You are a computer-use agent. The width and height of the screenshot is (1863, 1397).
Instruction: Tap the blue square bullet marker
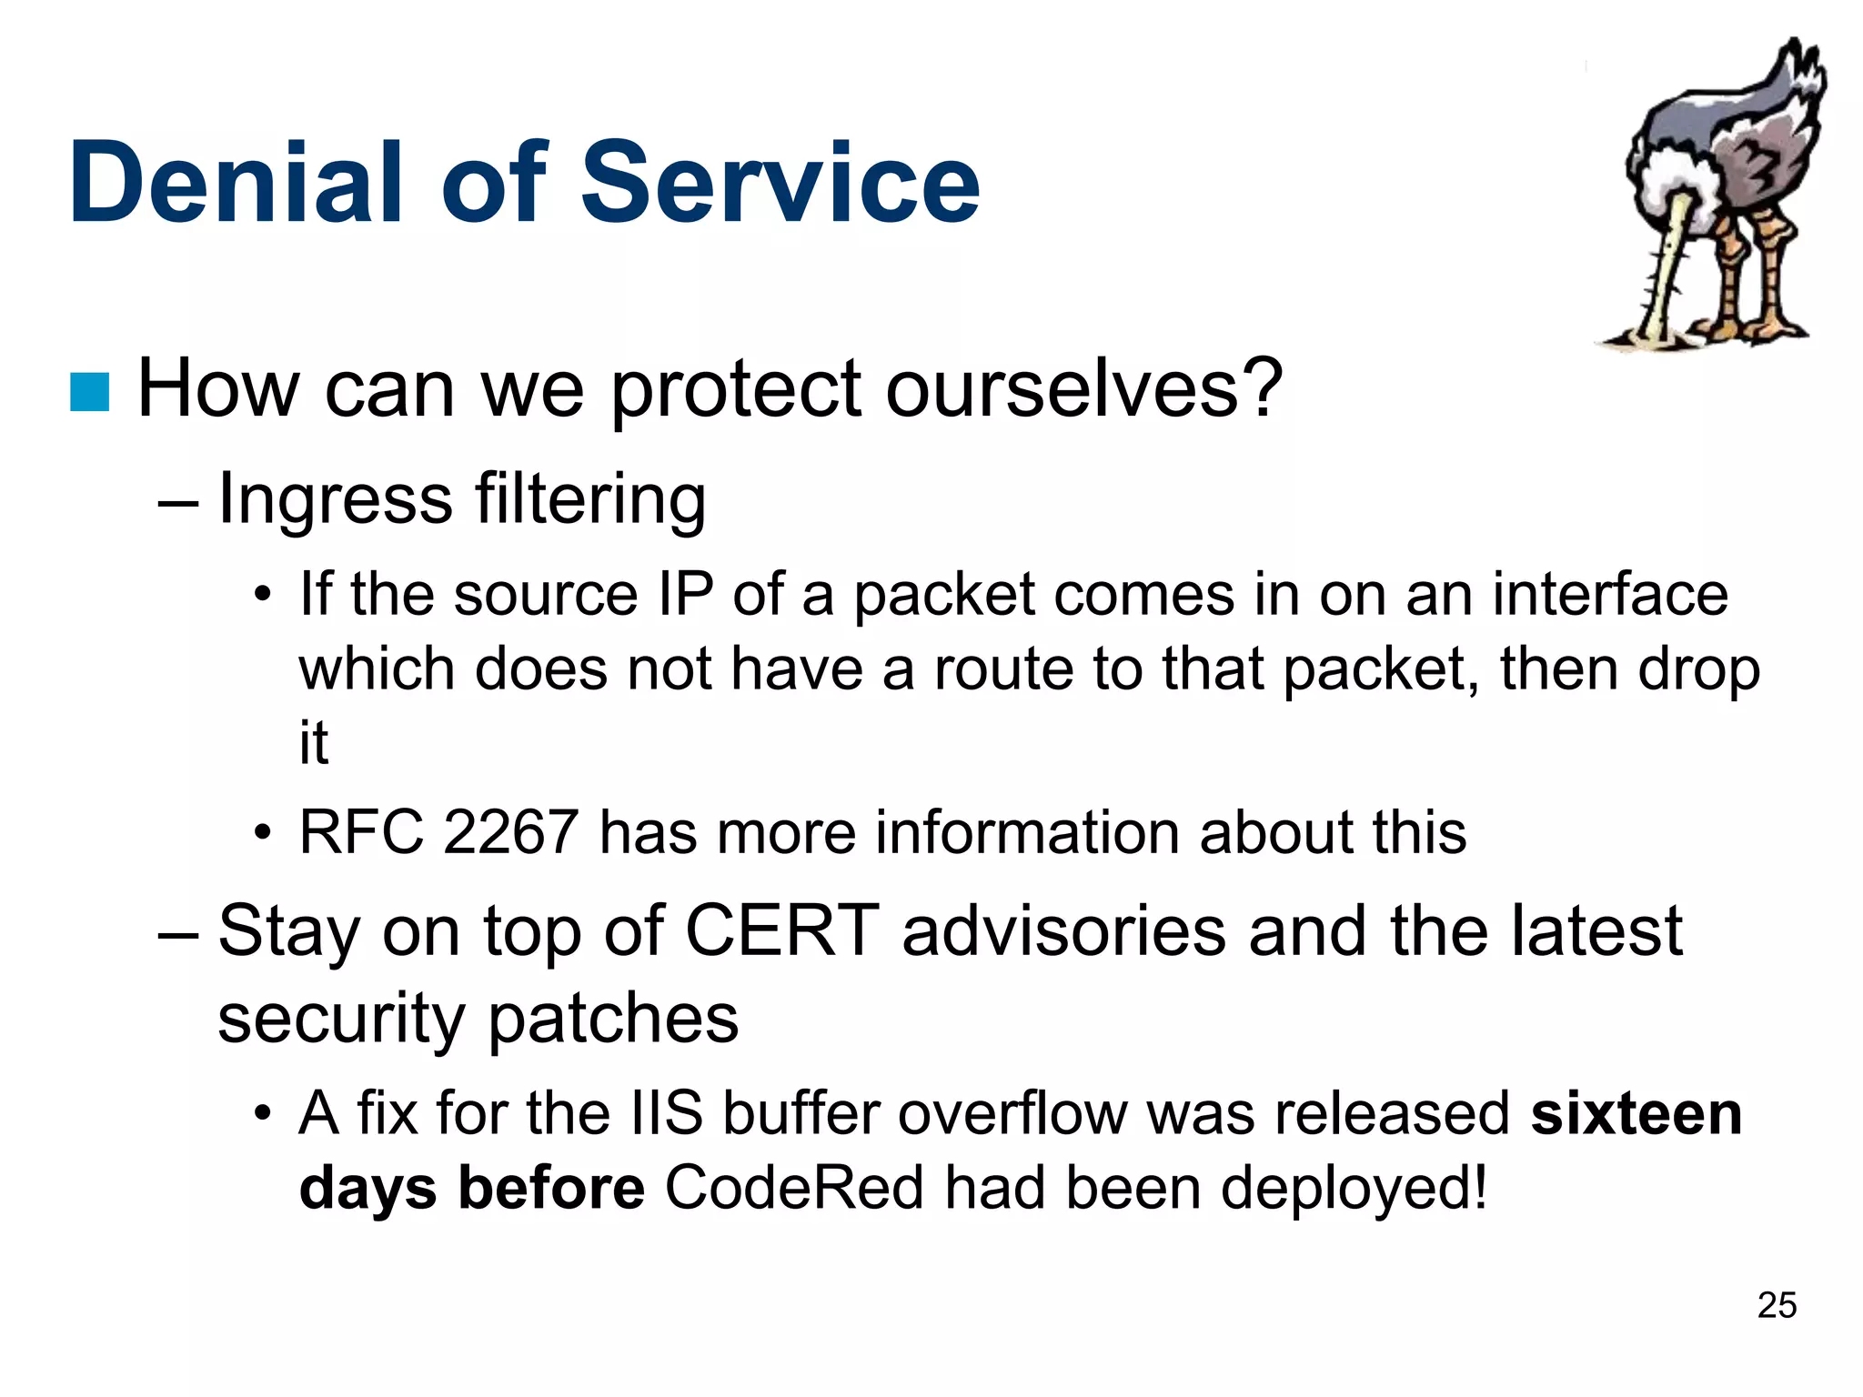click(90, 392)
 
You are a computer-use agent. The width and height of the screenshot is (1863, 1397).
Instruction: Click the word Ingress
click(335, 501)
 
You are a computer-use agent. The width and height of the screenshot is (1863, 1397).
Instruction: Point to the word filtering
click(590, 501)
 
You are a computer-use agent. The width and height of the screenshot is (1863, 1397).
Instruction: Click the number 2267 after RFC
click(510, 832)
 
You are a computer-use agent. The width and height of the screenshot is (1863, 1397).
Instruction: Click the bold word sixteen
click(1636, 1114)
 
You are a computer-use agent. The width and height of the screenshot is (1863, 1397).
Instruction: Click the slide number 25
click(1777, 1305)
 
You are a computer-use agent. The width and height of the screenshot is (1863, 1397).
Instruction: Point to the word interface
click(1610, 596)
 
